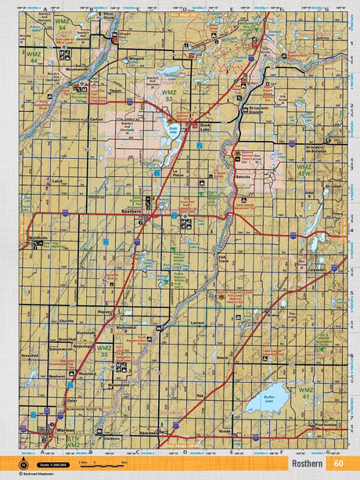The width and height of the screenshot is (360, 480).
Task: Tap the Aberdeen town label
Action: tap(148, 432)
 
